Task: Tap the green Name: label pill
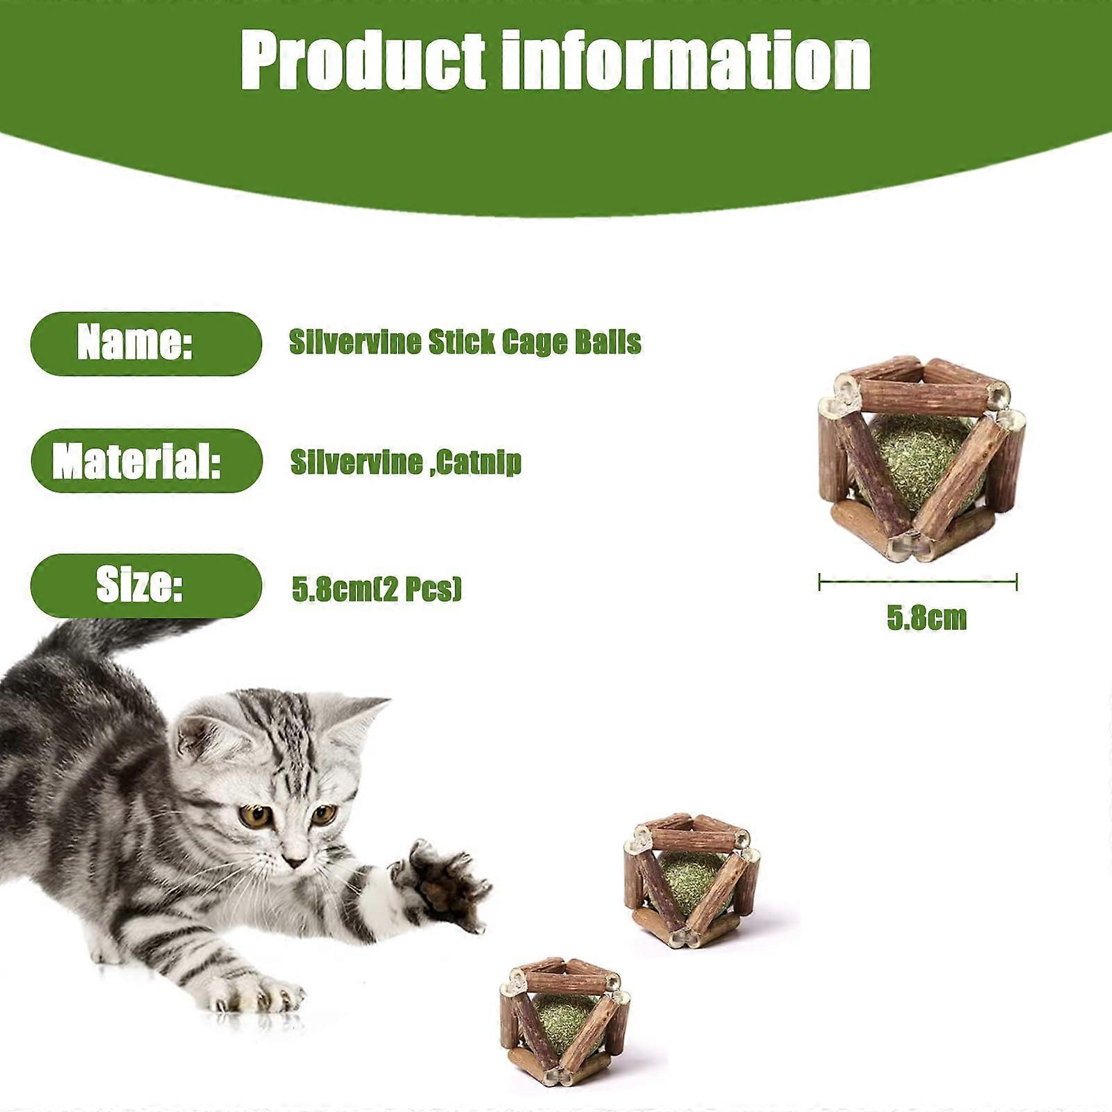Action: click(x=146, y=343)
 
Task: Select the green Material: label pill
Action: click(x=146, y=461)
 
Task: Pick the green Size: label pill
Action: click(x=146, y=585)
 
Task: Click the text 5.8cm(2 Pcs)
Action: click(x=376, y=589)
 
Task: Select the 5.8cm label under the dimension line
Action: click(x=926, y=618)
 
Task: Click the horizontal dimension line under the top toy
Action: click(x=918, y=582)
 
